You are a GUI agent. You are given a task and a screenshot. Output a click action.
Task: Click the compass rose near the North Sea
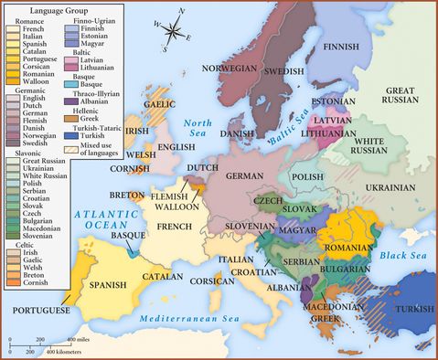172,35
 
